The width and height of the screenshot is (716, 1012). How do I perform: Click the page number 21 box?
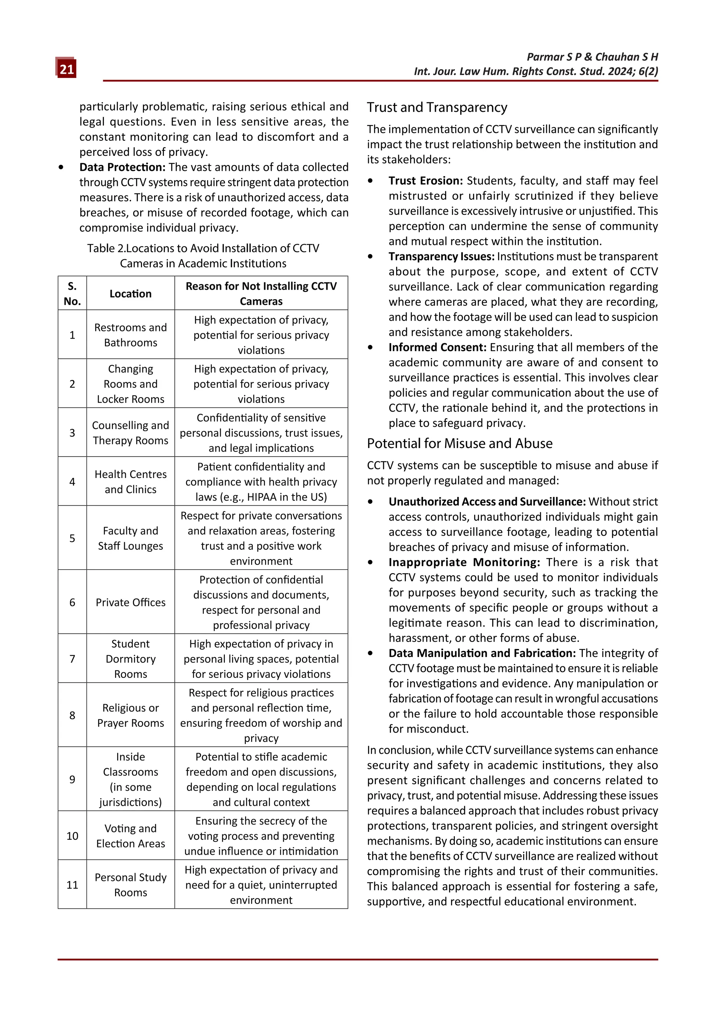pos(66,69)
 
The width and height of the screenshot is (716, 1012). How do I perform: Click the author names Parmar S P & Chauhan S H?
pos(592,57)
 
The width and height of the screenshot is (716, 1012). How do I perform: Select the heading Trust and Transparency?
pos(437,108)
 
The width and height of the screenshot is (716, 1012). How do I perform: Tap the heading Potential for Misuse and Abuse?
pos(459,443)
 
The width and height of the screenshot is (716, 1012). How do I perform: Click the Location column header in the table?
pos(130,294)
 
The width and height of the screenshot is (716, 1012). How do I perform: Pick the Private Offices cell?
pos(130,602)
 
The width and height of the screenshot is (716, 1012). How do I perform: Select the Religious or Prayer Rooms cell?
pos(130,715)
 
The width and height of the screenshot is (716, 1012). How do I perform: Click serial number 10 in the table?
pos(72,836)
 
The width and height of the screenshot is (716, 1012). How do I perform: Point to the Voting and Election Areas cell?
pos(130,836)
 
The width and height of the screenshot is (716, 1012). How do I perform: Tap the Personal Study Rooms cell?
pos(130,885)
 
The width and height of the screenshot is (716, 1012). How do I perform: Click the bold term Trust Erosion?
pos(425,181)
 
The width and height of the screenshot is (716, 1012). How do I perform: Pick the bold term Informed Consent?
pos(437,347)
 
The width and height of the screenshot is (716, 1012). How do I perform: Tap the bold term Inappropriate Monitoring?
pos(464,562)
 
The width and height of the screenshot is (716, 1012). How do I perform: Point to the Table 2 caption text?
pos(203,256)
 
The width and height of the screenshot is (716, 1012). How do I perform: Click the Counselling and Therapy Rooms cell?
pos(130,433)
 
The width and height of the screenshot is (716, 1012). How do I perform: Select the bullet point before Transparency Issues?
pos(370,256)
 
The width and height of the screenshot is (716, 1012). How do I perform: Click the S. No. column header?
pos(72,294)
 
